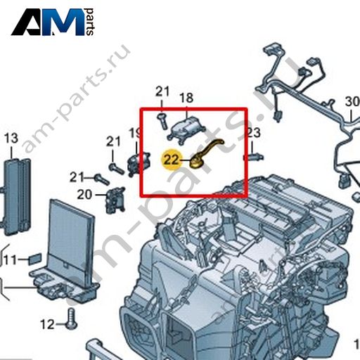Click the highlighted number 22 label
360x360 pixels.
click(x=172, y=160)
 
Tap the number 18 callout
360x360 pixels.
click(x=186, y=98)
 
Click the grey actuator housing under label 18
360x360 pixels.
click(x=186, y=129)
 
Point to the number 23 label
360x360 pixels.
click(x=254, y=133)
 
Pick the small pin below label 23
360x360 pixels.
click(x=254, y=157)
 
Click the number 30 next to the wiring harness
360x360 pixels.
click(x=352, y=102)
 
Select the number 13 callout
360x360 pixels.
click(x=11, y=138)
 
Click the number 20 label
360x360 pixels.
click(x=84, y=195)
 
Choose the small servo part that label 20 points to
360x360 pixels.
click(x=116, y=200)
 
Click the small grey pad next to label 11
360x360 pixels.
click(x=35, y=259)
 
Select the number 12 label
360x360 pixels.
click(x=47, y=324)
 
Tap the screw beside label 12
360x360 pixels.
click(x=72, y=319)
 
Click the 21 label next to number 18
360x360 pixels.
click(x=162, y=91)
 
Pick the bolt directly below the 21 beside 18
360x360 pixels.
click(x=162, y=121)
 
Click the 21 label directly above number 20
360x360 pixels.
click(x=77, y=177)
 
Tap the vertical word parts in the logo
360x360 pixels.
click(x=89, y=22)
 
